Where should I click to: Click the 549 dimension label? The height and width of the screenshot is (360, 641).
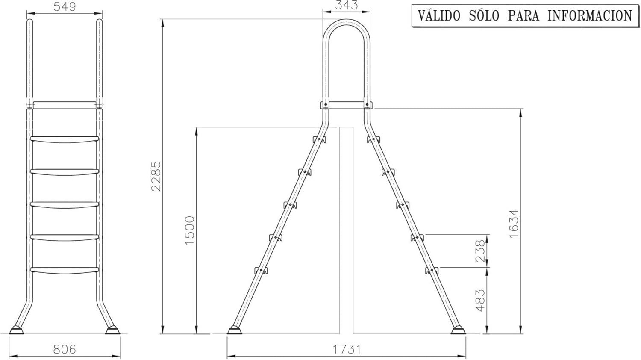pyautogui.click(x=65, y=7)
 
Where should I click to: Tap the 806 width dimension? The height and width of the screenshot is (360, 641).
pyautogui.click(x=65, y=350)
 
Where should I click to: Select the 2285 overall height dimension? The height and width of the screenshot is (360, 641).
pyautogui.click(x=156, y=176)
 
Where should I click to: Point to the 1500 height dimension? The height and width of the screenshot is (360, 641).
pyautogui.click(x=190, y=230)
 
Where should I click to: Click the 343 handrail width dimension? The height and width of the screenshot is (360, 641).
pyautogui.click(x=346, y=6)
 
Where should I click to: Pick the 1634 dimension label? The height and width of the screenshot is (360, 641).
pyautogui.click(x=514, y=223)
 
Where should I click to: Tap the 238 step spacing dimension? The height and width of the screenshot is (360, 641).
pyautogui.click(x=480, y=251)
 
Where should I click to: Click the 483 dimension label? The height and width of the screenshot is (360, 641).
pyautogui.click(x=480, y=301)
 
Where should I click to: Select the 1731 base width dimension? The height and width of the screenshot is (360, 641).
pyautogui.click(x=347, y=350)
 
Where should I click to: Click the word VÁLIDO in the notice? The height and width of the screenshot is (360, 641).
pyautogui.click(x=439, y=15)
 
